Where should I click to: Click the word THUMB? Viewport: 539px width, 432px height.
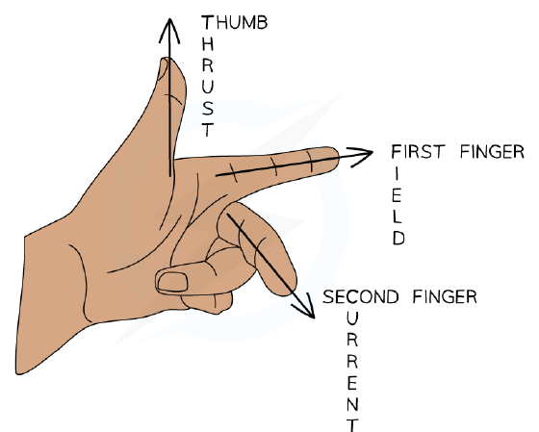pos(234,23)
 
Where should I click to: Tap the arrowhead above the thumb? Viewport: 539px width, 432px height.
pos(169,30)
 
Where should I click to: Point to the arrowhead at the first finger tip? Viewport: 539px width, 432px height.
pos(361,157)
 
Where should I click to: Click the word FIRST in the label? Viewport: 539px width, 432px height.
pos(418,152)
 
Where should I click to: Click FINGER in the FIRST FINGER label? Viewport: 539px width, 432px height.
pos(492,152)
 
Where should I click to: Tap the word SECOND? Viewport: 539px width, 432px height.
pos(361,296)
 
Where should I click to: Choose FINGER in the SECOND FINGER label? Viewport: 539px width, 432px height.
pos(445,296)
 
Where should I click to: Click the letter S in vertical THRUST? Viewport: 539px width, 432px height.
pos(208,109)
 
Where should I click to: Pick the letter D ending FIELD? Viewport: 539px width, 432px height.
pos(398,238)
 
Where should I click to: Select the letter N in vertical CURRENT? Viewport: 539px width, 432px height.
pos(352,404)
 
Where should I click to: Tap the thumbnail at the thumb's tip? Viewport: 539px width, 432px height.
pos(163,69)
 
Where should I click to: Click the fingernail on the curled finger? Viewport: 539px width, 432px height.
pos(172,282)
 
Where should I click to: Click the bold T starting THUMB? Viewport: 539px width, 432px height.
pos(208,23)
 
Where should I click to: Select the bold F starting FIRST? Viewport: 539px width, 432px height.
pos(397,152)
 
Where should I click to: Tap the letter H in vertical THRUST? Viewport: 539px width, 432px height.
pos(208,44)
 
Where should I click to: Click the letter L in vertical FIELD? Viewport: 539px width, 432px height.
pos(397,216)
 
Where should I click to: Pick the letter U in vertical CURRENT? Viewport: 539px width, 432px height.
pos(352,319)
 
